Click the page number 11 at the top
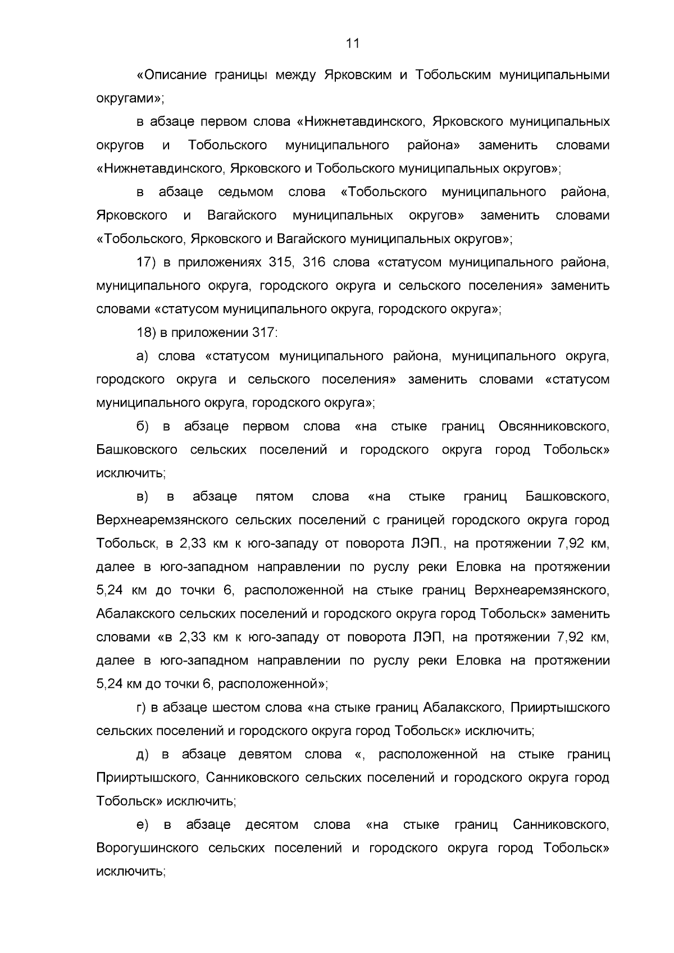tap(353, 43)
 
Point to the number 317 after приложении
tap(264, 332)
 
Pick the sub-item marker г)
tap(142, 708)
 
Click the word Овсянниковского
tap(553, 426)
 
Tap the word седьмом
tap(246, 192)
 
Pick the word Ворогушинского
tap(147, 848)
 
